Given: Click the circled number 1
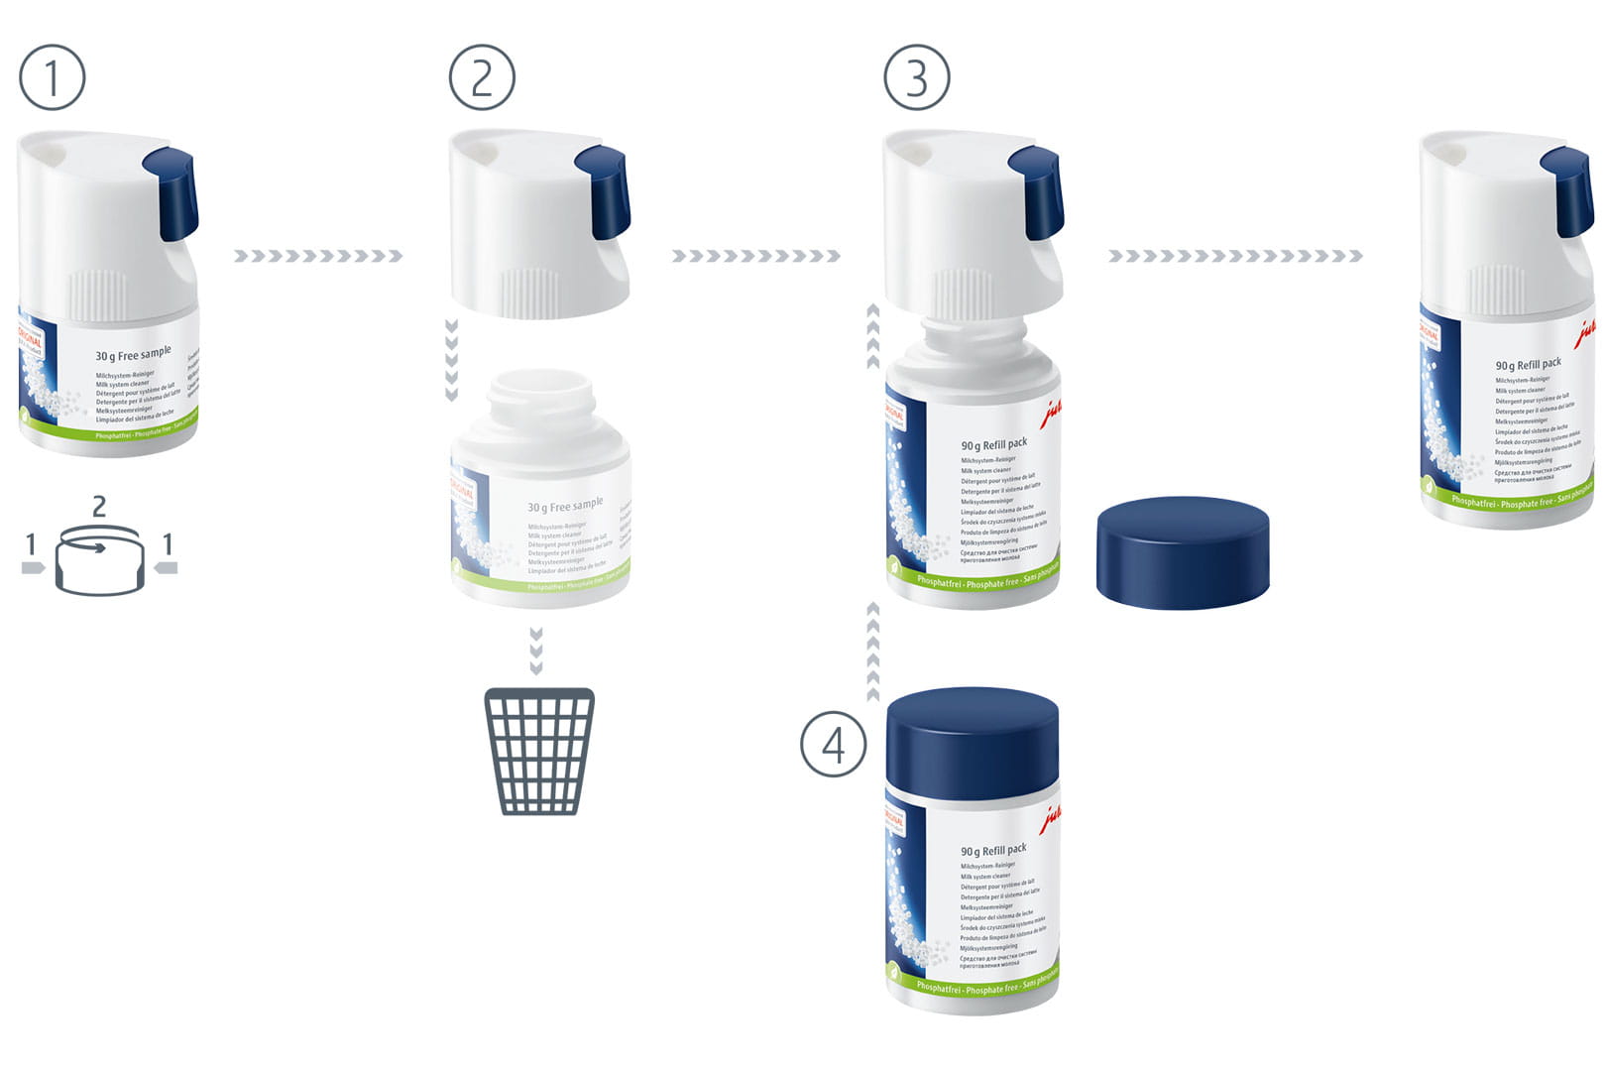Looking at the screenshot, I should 53,77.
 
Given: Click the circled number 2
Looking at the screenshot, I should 482,77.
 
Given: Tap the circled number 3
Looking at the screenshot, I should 917,77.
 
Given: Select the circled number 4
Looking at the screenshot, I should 834,745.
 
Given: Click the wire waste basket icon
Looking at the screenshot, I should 539,751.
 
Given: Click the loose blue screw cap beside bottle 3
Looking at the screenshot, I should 1183,551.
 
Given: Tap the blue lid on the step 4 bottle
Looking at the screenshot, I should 973,742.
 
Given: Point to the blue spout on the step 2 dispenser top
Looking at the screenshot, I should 604,191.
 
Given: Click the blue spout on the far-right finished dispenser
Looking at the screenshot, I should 1568,189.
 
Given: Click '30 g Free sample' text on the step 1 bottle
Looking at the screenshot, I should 133,354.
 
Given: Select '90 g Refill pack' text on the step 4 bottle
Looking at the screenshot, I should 993,850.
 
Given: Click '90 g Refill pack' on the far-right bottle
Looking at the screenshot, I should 1528,364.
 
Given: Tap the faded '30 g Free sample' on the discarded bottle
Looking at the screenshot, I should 565,506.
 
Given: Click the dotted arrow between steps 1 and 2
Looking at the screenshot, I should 318,256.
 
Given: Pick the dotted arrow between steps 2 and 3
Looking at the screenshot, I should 755,256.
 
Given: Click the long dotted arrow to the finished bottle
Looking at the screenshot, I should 1235,256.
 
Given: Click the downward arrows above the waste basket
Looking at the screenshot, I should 536,650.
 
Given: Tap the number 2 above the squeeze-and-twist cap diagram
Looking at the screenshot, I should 99,507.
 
